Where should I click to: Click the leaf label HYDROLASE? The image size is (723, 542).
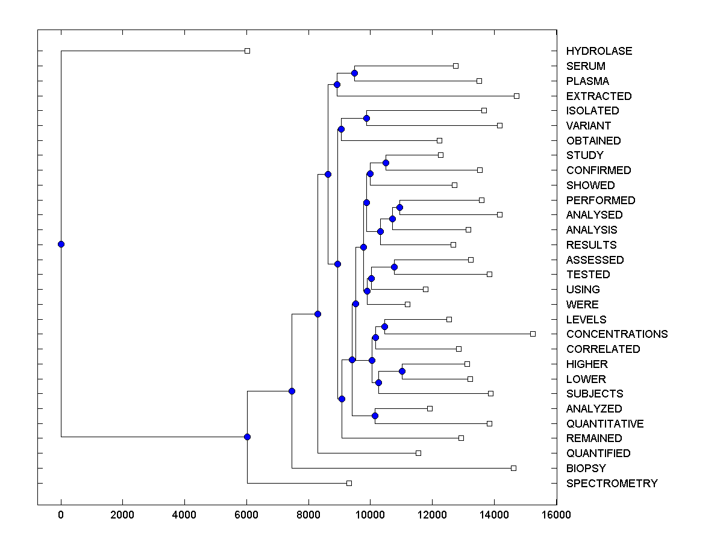click(x=599, y=51)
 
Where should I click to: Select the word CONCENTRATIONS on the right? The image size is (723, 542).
click(x=617, y=334)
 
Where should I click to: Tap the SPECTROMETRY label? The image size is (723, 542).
click(x=612, y=484)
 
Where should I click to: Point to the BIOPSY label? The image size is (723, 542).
click(x=586, y=469)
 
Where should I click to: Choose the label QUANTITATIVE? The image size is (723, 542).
click(x=605, y=424)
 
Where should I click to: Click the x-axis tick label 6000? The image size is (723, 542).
click(x=246, y=514)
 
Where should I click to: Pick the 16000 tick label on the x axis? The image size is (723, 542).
click(x=556, y=514)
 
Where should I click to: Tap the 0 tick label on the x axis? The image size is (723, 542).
click(x=61, y=514)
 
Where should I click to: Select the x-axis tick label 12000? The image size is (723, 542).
click(x=432, y=514)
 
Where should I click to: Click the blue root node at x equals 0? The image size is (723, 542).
click(x=61, y=244)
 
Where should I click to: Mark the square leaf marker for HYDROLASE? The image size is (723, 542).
click(x=247, y=51)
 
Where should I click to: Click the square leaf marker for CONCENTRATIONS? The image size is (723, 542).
click(x=533, y=334)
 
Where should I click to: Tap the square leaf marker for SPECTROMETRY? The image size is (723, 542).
click(x=349, y=483)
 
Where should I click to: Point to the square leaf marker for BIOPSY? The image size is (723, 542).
click(x=513, y=468)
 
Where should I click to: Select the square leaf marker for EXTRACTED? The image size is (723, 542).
click(x=516, y=96)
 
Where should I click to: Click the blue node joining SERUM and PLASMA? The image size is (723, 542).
click(x=354, y=73)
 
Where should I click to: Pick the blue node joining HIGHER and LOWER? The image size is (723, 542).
click(x=402, y=371)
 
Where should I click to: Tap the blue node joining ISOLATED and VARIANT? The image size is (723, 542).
click(x=366, y=118)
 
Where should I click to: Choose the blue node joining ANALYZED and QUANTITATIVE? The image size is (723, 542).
click(x=375, y=416)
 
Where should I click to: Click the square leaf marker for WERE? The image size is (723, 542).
click(x=407, y=304)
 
